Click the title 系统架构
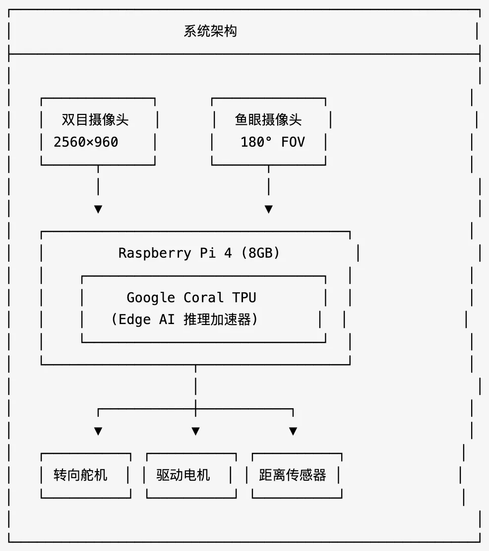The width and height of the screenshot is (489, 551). click(210, 31)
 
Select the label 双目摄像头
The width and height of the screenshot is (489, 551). click(95, 120)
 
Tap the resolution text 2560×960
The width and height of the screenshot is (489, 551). click(86, 142)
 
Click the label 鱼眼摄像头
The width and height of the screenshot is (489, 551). click(268, 120)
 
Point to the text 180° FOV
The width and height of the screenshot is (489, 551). click(272, 142)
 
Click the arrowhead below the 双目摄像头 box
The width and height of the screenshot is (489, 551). click(98, 209)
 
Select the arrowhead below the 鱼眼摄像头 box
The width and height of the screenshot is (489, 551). click(268, 209)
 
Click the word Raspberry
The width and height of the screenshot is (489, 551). click(155, 253)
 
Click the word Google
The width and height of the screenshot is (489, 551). click(151, 297)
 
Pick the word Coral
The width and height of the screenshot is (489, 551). click(203, 297)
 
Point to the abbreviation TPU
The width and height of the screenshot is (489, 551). click(244, 297)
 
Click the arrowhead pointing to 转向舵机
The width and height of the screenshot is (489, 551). click(98, 431)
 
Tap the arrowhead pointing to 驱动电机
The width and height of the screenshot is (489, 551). click(195, 431)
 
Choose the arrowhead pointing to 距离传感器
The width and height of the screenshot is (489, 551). click(293, 431)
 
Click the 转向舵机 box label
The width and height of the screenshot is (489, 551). click(80, 475)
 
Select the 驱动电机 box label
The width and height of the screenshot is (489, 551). click(183, 475)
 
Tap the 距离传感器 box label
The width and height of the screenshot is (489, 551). click(293, 475)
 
